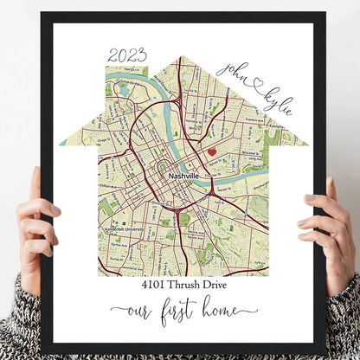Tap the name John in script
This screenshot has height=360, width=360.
click(235, 69)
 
